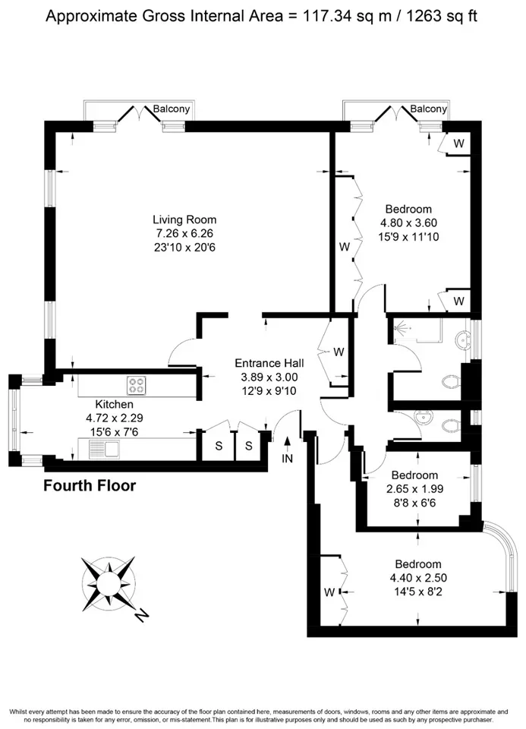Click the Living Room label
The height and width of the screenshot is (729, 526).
[x=184, y=219]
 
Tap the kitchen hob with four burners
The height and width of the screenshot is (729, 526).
[x=137, y=386]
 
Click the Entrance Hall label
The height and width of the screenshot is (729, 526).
[x=269, y=363]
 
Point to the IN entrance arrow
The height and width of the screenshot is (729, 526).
[x=288, y=443]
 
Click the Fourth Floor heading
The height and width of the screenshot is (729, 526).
[x=90, y=486]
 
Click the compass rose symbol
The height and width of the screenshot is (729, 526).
[x=109, y=583]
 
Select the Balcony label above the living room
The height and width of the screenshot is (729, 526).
[x=172, y=109]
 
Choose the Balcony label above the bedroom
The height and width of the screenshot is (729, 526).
[x=428, y=109]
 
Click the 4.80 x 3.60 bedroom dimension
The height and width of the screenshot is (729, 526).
[x=408, y=223]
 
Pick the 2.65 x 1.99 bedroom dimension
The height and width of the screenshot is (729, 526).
[x=414, y=489]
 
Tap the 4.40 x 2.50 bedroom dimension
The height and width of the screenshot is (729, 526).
[x=418, y=578]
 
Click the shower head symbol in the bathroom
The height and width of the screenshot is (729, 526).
[x=401, y=328]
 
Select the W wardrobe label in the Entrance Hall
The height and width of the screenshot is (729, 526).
[x=339, y=352]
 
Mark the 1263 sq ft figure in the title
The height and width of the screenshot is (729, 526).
[x=442, y=16]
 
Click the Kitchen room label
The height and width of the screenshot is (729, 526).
[x=115, y=404]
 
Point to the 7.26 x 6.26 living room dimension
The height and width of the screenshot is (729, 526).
[x=184, y=233]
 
